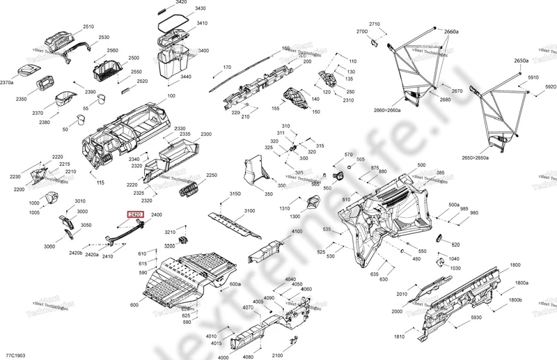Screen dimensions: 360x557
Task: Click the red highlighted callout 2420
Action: (134, 216)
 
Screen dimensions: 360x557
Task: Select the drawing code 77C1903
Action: (16, 354)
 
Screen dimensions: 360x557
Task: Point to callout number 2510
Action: (88, 26)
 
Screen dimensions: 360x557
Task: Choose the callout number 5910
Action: (534, 78)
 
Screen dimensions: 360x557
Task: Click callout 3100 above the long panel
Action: (250, 210)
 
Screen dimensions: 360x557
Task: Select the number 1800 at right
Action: (515, 265)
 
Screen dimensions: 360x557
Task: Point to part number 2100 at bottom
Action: (278, 355)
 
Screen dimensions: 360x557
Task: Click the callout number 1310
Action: (285, 209)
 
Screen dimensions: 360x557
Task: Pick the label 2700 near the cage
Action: (362, 32)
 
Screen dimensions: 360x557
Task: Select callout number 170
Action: (226, 68)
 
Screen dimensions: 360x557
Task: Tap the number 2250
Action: (212, 175)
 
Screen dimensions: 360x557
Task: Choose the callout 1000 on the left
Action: (34, 203)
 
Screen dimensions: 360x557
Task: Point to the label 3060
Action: (49, 246)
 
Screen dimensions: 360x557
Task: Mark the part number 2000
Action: (397, 311)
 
